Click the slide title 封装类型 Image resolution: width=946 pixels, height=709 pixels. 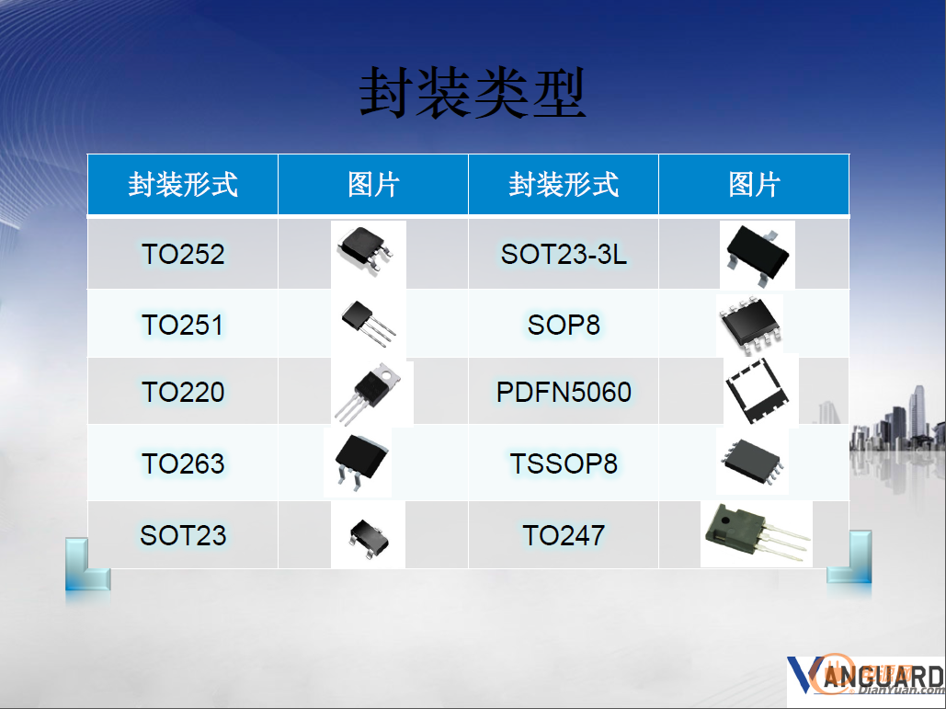point(473,93)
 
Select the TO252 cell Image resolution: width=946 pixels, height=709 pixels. point(183,254)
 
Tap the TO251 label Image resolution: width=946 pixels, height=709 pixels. point(183,325)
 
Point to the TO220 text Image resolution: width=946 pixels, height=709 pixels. point(183,392)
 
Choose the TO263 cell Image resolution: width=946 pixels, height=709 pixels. point(183,463)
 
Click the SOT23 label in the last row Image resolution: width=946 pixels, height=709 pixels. point(183,535)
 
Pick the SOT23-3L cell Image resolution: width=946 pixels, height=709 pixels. point(564,254)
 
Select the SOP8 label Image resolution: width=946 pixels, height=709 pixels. point(564,325)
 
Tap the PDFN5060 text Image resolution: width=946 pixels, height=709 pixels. point(564,392)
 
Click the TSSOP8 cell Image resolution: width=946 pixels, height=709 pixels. point(564,463)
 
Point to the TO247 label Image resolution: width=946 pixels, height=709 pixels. point(564,535)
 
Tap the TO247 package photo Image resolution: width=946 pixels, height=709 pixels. point(757,534)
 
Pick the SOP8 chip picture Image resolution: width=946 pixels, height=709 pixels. point(750,324)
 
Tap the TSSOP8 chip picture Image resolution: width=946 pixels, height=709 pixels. point(752,461)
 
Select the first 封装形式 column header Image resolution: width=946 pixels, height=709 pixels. point(183,184)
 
